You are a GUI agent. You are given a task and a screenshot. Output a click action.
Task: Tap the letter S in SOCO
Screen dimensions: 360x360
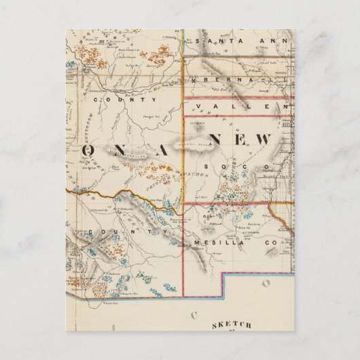point(211,166)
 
